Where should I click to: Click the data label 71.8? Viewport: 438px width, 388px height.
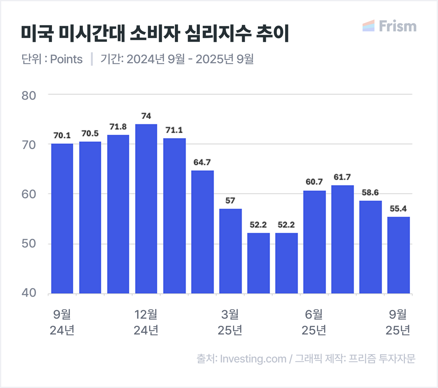pyautogui.click(x=118, y=127)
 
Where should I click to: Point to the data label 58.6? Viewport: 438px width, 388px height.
pyautogui.click(x=370, y=193)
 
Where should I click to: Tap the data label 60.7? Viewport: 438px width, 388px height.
pyautogui.click(x=314, y=182)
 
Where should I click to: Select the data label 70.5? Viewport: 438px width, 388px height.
pyautogui.click(x=90, y=133)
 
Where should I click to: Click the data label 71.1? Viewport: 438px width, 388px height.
pyautogui.click(x=174, y=130)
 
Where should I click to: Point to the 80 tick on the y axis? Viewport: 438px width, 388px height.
pyautogui.click(x=29, y=95)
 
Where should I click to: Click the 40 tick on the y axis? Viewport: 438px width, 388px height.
pyautogui.click(x=29, y=293)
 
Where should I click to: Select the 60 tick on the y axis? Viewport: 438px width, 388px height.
pyautogui.click(x=29, y=194)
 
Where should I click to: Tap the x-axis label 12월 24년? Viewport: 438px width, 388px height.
pyautogui.click(x=146, y=322)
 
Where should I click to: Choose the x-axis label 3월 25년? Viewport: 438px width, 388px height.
pyautogui.click(x=230, y=322)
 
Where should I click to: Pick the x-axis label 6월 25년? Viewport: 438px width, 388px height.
pyautogui.click(x=314, y=322)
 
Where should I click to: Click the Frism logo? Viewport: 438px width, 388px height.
pyautogui.click(x=390, y=26)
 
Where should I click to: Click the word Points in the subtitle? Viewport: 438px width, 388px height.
pyautogui.click(x=66, y=59)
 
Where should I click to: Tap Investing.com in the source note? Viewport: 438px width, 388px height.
pyautogui.click(x=253, y=359)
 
